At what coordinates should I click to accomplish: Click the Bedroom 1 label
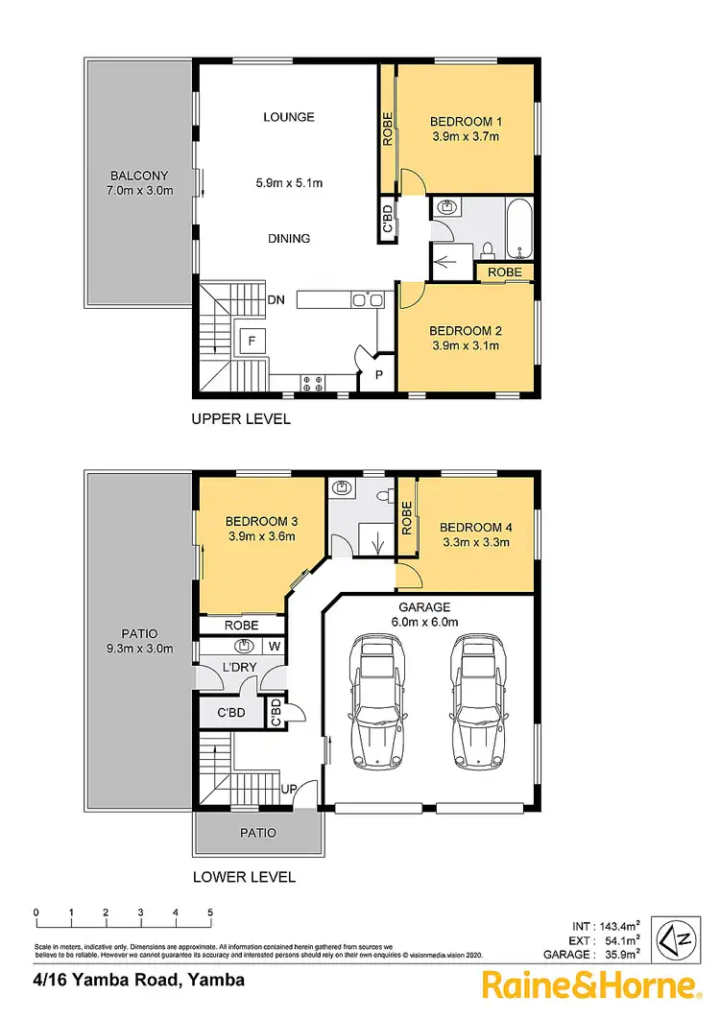tap(465, 122)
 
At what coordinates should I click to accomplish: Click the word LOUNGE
tap(289, 117)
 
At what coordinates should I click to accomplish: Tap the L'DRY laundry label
tap(236, 666)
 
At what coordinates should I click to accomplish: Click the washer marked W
tap(274, 646)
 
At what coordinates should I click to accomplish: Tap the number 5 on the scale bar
tap(209, 912)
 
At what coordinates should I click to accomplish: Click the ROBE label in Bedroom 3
tap(242, 625)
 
